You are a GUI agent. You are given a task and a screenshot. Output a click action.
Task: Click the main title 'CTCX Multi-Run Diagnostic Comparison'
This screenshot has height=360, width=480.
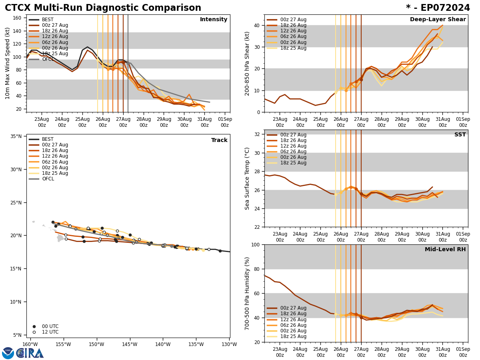(x=103, y=8)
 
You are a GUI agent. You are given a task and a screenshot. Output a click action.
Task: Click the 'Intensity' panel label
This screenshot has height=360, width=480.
(x=214, y=20)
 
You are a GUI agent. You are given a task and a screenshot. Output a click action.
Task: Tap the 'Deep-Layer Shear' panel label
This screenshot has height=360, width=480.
(x=438, y=20)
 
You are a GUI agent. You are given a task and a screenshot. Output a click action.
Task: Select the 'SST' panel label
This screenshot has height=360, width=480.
(x=460, y=135)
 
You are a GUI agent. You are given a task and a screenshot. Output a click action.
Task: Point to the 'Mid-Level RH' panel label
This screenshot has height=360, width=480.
(x=445, y=250)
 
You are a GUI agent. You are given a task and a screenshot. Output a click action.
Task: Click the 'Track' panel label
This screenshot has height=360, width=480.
(x=219, y=140)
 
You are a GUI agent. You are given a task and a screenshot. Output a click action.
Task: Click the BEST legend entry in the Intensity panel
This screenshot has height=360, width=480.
(x=47, y=20)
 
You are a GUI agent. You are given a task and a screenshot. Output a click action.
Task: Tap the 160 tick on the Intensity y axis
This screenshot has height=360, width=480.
(x=17, y=18)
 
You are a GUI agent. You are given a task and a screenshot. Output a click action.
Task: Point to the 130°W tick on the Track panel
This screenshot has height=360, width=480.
(x=229, y=344)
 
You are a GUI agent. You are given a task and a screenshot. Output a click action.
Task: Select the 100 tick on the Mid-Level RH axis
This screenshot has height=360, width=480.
(x=255, y=245)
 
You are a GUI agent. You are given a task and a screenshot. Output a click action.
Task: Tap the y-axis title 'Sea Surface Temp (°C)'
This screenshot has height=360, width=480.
(x=247, y=178)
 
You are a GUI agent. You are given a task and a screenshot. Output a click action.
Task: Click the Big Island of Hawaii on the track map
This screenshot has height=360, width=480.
(x=60, y=238)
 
